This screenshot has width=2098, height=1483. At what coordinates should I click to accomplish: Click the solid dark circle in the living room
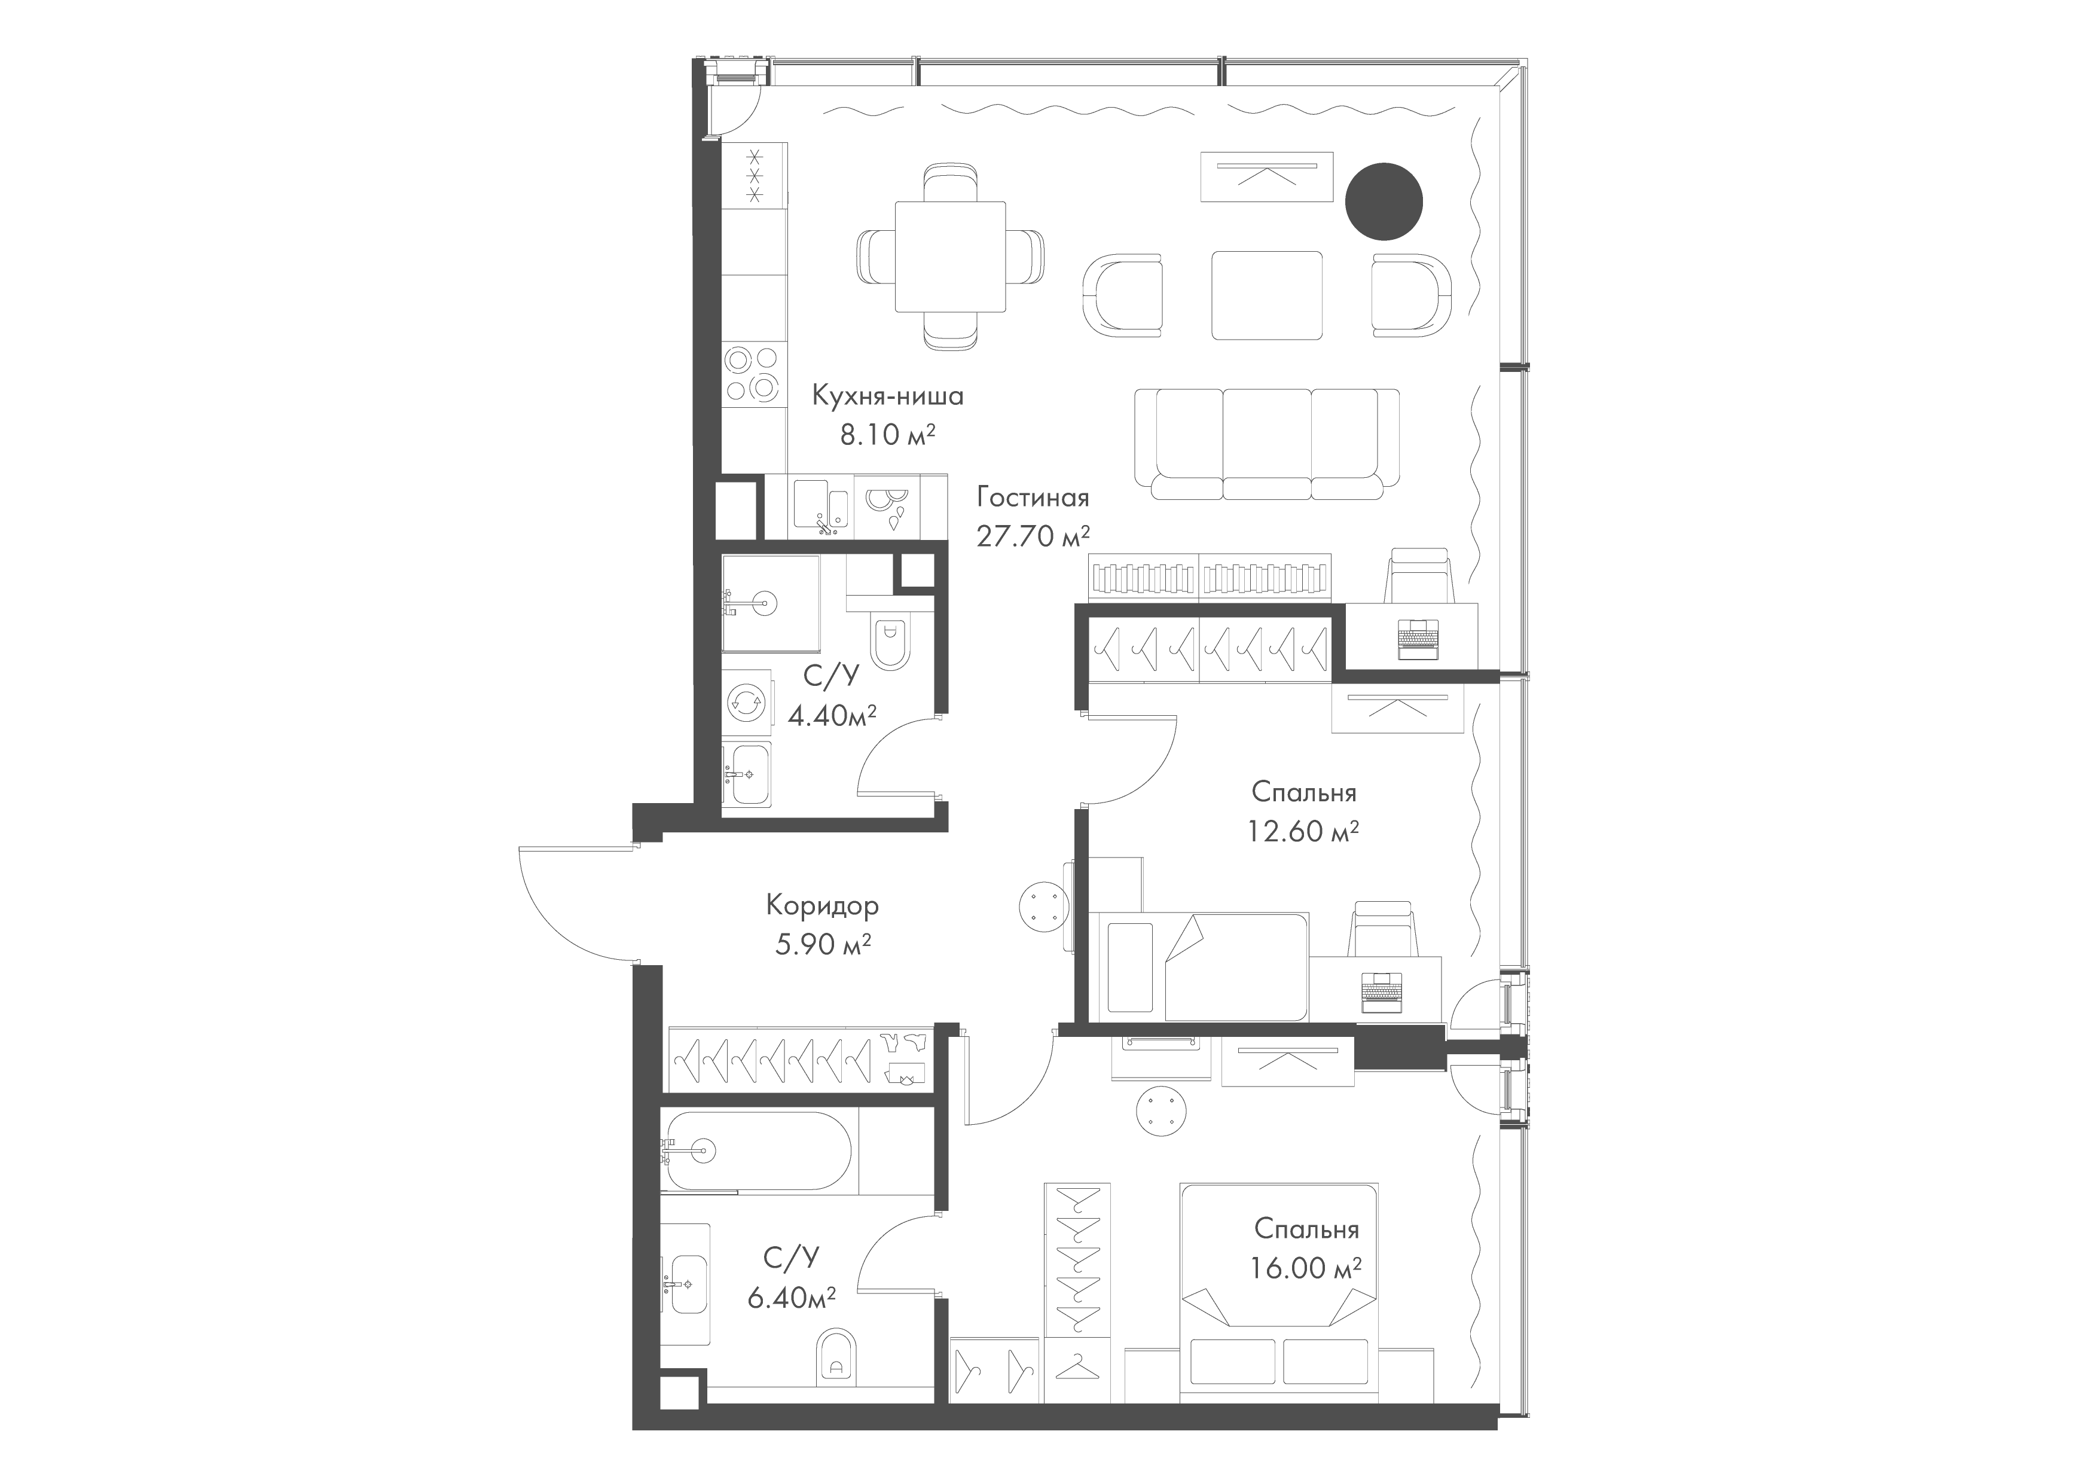[x=1384, y=201]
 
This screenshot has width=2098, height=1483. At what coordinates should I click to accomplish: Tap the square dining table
[x=950, y=257]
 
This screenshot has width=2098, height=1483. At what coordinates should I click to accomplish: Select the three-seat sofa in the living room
[x=1266, y=444]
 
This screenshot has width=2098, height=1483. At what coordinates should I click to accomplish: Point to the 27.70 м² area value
[x=1034, y=535]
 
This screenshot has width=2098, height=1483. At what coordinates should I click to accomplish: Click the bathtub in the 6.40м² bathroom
[x=756, y=1151]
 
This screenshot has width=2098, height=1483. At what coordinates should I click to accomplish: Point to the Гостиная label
[x=1033, y=498]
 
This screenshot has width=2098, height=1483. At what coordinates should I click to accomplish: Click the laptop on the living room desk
[x=1419, y=639]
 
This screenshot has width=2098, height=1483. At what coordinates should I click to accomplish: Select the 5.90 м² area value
[x=822, y=944]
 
